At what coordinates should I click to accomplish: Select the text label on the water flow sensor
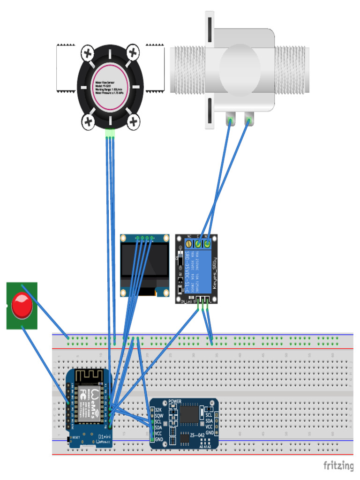click(110, 87)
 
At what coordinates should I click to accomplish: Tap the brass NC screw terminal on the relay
click(189, 243)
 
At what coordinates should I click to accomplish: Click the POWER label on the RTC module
click(174, 402)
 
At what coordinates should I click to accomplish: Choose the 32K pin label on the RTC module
click(158, 410)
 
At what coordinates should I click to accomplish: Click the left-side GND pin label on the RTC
click(159, 440)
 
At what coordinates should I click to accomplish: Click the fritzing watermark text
click(338, 465)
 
